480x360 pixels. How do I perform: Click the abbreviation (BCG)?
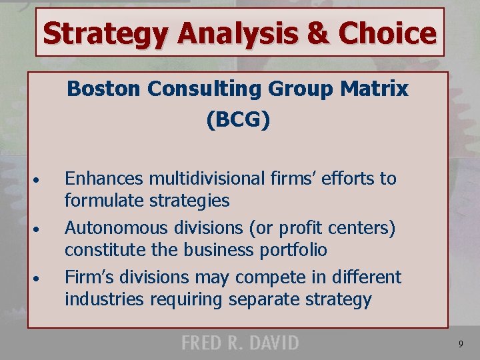[238, 120]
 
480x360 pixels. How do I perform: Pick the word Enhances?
[104, 179]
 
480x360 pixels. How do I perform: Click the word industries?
[104, 299]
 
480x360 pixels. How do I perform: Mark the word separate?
[265, 299]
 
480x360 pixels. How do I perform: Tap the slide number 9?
[461, 344]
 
